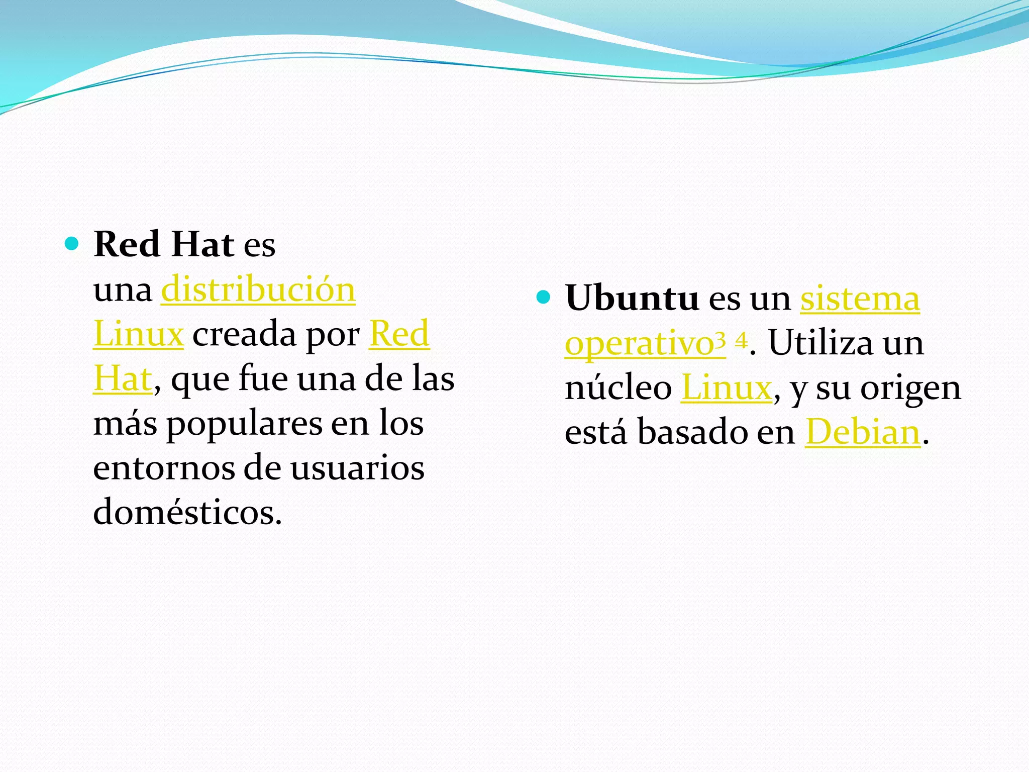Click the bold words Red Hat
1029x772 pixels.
click(x=163, y=245)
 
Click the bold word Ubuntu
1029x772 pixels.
click(x=632, y=298)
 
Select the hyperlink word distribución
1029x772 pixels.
click(x=258, y=290)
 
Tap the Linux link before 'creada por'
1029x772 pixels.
click(x=138, y=335)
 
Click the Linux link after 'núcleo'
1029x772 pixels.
click(x=727, y=389)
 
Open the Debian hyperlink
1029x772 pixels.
click(x=863, y=433)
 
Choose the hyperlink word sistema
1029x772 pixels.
click(x=860, y=299)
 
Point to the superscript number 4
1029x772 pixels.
click(x=741, y=341)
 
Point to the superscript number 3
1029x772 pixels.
click(x=721, y=341)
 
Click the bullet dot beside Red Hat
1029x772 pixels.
click(x=72, y=244)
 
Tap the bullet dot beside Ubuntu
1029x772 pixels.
click(x=543, y=298)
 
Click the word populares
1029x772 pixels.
click(x=244, y=424)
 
